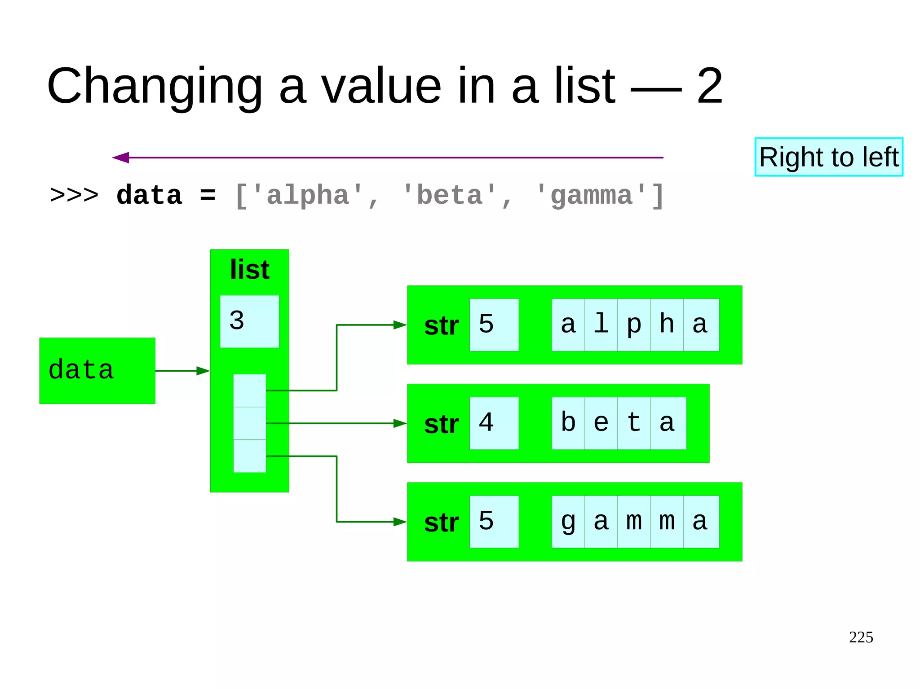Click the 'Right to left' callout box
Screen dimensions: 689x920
pos(828,157)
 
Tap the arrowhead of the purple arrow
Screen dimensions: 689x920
pos(120,158)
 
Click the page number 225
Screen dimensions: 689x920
pos(861,637)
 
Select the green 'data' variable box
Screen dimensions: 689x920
pos(97,371)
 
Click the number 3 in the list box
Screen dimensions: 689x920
pos(237,320)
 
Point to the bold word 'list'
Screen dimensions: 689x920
pos(249,270)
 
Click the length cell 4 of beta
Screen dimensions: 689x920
pos(494,423)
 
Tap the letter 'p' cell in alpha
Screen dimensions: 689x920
pos(633,325)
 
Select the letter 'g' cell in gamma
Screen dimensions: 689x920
pos(568,522)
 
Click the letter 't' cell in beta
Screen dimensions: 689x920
pos(633,423)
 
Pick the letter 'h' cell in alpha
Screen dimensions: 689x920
pos(667,325)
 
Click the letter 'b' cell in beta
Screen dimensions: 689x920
pos(568,423)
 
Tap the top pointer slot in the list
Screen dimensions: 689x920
pos(249,391)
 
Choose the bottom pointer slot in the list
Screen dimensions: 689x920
pos(249,456)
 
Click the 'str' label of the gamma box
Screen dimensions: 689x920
pos(441,523)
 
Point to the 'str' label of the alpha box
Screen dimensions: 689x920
pos(441,326)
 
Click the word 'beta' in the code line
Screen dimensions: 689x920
pos(449,196)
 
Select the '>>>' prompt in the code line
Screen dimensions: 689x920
pos(74,196)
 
